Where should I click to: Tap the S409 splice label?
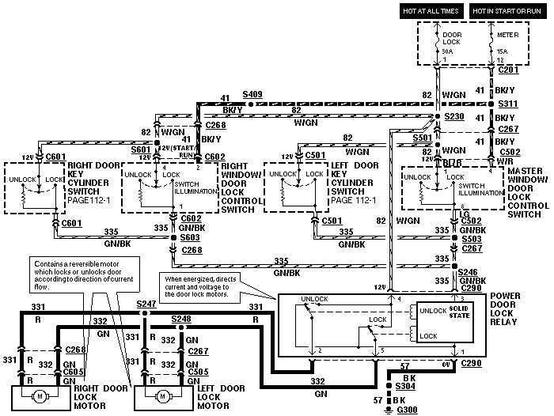(x=252, y=94)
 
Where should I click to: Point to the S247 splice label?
(x=145, y=304)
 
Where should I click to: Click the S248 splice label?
(x=182, y=319)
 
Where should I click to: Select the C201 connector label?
(x=507, y=70)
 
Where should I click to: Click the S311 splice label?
(x=507, y=104)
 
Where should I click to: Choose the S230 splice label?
(x=453, y=117)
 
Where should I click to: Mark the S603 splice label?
(x=188, y=236)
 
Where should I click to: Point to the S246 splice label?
(x=469, y=271)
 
